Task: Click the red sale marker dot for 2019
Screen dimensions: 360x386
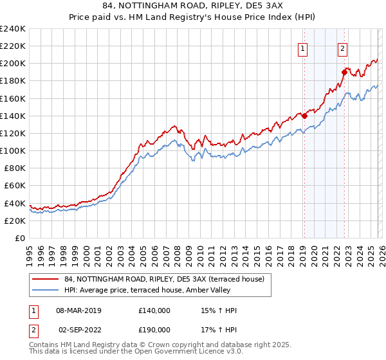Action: pos(304,116)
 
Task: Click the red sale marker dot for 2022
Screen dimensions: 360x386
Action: pos(344,72)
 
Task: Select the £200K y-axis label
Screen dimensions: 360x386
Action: pos(13,64)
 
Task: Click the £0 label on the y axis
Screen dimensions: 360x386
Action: pos(19,238)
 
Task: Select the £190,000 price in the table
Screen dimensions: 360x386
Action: pos(154,330)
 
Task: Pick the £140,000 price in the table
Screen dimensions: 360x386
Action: pos(154,310)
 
